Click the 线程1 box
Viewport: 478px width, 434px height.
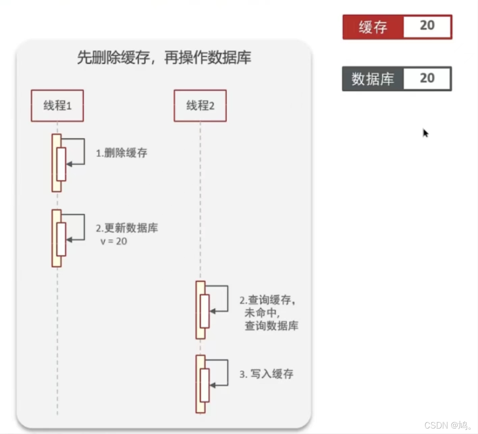click(57, 106)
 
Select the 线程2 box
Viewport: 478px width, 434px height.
click(200, 106)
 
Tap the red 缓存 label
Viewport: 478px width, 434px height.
click(373, 27)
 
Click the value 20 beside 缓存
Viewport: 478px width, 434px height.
click(427, 26)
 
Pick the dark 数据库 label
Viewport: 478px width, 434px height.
click(373, 79)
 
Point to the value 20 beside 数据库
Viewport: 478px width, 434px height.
click(427, 78)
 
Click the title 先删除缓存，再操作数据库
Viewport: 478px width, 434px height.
click(164, 57)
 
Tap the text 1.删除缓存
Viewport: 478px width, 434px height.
click(122, 153)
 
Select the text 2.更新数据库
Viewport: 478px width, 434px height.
click(127, 228)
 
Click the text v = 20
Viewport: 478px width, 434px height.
click(114, 241)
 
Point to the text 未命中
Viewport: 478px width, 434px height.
click(262, 313)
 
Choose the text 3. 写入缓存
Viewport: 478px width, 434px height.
click(266, 374)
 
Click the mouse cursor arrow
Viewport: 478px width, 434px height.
click(425, 133)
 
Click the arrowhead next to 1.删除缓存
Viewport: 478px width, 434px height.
click(69, 164)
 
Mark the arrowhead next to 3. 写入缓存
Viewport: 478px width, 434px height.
click(212, 385)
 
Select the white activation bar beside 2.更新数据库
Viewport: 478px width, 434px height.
click(61, 239)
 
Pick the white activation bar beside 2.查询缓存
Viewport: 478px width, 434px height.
click(205, 311)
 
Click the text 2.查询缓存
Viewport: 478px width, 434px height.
click(267, 300)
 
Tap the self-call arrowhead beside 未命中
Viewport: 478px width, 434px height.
click(212, 311)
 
